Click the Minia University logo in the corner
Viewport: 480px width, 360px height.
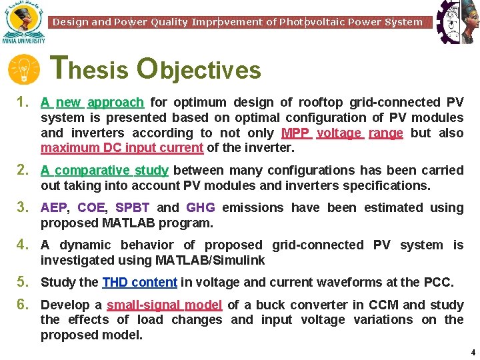(23, 21)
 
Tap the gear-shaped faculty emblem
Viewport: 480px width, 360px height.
(457, 21)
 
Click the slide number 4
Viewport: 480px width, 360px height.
(473, 352)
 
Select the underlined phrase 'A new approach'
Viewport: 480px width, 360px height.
(92, 103)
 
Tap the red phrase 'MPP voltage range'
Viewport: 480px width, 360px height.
(342, 133)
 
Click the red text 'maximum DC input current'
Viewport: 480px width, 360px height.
(122, 148)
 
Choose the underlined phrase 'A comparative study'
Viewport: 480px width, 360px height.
(105, 171)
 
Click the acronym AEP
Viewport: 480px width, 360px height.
(53, 208)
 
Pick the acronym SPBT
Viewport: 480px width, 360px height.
(132, 208)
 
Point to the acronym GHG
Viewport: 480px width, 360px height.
(200, 208)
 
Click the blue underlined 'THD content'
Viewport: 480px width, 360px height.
(139, 283)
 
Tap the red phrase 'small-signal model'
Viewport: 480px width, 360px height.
(164, 305)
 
